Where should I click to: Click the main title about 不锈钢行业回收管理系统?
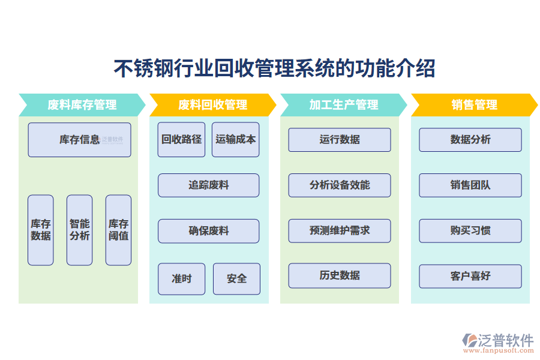[274, 68]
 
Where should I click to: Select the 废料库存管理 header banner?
[82, 105]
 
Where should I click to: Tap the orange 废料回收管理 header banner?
[212, 105]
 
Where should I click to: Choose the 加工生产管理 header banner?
[343, 105]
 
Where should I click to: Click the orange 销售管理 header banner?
[474, 105]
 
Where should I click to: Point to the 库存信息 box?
[79, 140]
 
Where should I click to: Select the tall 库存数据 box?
[41, 230]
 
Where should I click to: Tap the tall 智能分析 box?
[79, 230]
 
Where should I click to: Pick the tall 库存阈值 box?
[118, 230]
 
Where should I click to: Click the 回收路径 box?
[181, 140]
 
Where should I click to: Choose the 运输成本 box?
[236, 140]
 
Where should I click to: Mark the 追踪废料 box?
[209, 185]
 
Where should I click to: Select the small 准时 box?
[181, 279]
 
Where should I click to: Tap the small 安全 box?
[236, 279]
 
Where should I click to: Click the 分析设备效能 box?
[340, 185]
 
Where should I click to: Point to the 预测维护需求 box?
[340, 231]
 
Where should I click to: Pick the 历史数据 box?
[340, 276]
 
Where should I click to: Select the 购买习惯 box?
[470, 231]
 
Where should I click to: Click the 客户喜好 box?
[470, 277]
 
